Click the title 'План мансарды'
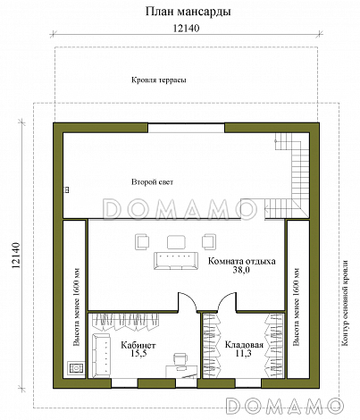[x=188, y=12]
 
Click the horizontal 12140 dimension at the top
[x=186, y=28]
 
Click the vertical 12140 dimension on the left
[x=15, y=255]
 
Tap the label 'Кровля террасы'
[x=159, y=80]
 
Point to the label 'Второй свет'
[x=152, y=181]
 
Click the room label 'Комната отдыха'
[x=241, y=261]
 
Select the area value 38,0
[x=241, y=270]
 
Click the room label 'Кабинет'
[x=138, y=345]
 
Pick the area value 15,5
[x=138, y=354]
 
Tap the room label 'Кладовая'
[x=244, y=345]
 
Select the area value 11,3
[x=244, y=354]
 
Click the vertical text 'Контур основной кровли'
[x=345, y=303]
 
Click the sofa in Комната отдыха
[x=176, y=261]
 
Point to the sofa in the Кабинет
[x=101, y=355]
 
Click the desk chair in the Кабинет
[x=181, y=359]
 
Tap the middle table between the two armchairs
[x=176, y=242]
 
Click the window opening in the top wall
[x=186, y=128]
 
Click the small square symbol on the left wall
[x=67, y=189]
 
